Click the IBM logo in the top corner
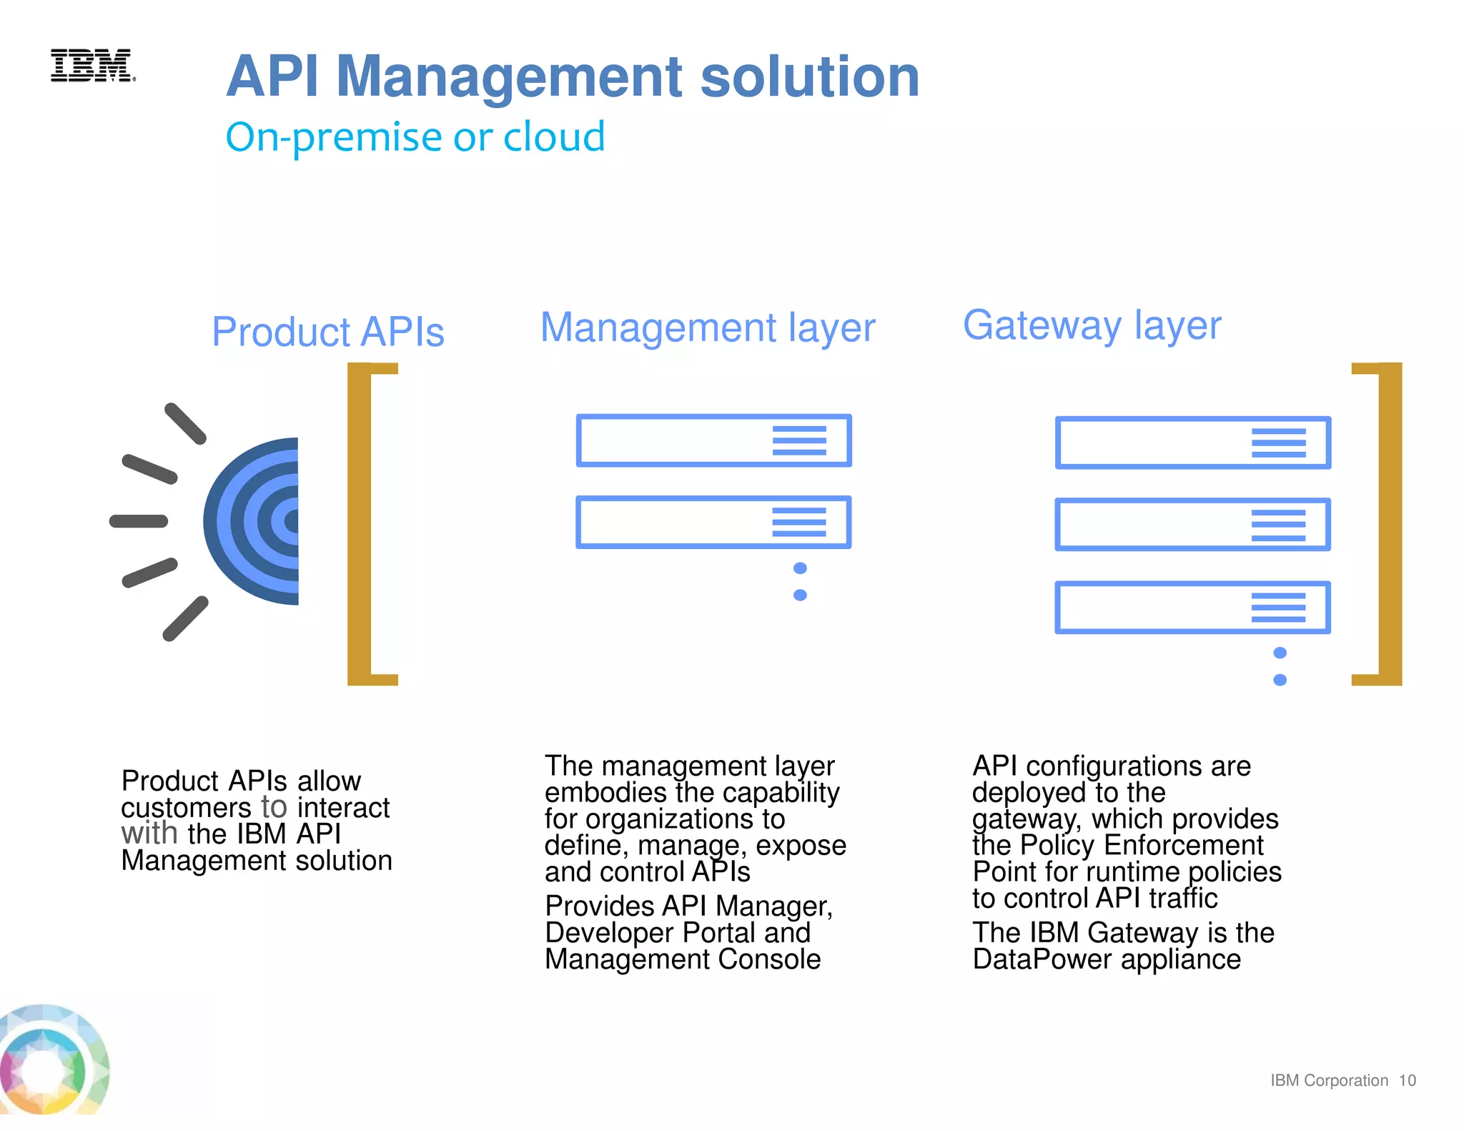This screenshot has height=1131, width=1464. (x=92, y=66)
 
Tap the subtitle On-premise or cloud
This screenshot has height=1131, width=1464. (x=415, y=137)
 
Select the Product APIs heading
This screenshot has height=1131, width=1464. (x=328, y=332)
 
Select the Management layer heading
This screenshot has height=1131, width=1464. (x=707, y=327)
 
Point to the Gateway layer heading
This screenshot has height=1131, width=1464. (x=1092, y=325)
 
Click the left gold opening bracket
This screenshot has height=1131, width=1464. (x=360, y=524)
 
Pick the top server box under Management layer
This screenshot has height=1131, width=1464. (x=713, y=440)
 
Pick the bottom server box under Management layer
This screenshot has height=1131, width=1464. (x=713, y=522)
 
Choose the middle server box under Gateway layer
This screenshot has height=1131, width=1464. (x=1192, y=524)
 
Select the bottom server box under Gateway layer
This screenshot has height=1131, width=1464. (x=1192, y=607)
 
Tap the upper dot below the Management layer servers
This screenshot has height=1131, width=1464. (x=800, y=568)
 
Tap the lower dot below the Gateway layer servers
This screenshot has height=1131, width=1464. (x=1280, y=680)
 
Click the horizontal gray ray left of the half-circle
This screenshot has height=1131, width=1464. (x=139, y=521)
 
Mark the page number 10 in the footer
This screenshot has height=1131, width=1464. (x=1407, y=1080)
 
